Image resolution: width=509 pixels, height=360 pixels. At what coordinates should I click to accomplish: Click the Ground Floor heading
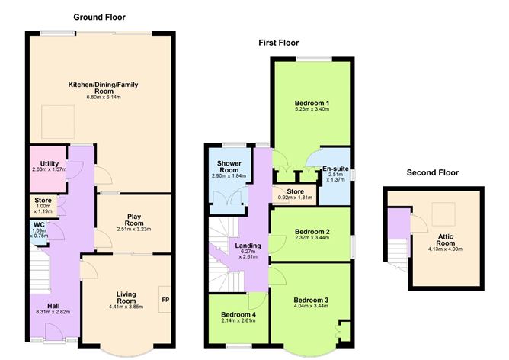pos(99,17)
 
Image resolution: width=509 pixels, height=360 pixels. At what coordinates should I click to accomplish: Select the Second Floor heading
pos(432,173)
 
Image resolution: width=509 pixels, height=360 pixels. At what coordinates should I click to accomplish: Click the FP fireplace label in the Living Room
pos(165,299)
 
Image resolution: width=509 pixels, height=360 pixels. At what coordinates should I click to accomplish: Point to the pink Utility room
pos(46,169)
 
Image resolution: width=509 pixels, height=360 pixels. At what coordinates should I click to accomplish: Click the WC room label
pos(40,224)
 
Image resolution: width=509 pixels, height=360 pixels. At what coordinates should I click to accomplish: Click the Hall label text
pos(53,305)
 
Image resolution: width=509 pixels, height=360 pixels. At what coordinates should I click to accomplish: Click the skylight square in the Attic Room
pos(443,213)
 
